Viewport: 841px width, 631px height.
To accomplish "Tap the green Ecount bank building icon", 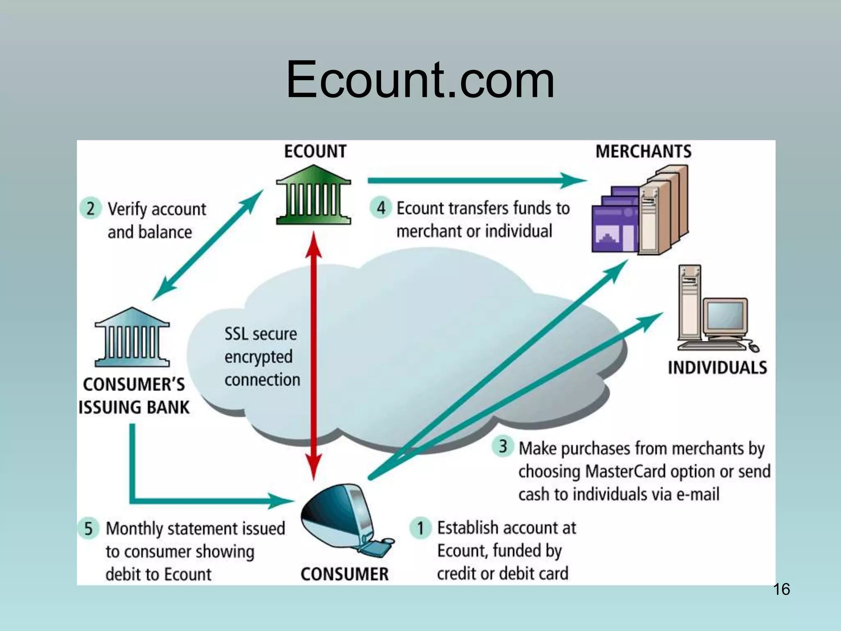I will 313,195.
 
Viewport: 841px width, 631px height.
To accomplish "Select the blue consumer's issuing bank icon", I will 132,338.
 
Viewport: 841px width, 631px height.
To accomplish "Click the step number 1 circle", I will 420,528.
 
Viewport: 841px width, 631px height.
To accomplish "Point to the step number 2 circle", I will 91,208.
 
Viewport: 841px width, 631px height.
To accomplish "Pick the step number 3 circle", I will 503,447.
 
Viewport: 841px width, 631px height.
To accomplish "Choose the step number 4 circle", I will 381,207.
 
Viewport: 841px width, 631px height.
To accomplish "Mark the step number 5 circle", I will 88,528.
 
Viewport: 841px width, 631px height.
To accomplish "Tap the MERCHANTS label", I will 643,152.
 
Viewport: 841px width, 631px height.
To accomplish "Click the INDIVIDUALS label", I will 717,368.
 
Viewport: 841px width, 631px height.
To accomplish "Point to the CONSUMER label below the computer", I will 344,574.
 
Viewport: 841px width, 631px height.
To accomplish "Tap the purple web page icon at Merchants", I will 615,224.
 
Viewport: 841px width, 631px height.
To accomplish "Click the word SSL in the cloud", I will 237,334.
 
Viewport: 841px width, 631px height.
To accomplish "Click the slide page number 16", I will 781,589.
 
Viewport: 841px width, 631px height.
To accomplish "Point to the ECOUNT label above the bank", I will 315,152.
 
